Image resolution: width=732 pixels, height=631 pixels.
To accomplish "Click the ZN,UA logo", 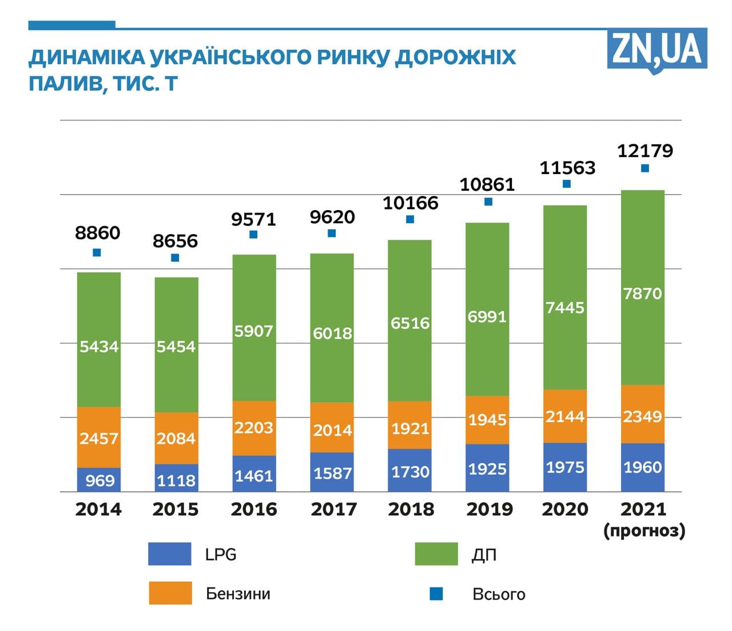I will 657,50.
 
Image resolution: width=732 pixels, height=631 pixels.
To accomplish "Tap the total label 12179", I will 645,151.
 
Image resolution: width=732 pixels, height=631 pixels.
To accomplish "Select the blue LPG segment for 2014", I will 99,480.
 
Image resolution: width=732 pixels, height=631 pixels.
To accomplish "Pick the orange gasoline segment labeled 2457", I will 99,438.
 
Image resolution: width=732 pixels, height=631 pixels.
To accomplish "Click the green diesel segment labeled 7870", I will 643,293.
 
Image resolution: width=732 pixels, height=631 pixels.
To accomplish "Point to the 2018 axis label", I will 411,509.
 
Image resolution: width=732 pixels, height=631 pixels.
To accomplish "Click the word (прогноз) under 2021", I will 644,531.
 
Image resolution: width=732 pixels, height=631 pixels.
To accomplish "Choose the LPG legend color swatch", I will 169,554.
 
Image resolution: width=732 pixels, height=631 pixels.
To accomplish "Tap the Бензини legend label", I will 238,594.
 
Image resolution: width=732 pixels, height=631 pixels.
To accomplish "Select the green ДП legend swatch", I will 436,554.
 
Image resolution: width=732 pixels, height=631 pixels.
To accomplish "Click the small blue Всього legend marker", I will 436,594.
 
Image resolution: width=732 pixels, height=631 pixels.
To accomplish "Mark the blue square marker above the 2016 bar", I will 253,235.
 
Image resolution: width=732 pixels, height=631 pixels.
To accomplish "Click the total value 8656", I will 175,241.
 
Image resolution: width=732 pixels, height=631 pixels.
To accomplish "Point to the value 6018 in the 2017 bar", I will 332,333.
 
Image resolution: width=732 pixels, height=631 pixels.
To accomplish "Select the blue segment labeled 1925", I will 487,469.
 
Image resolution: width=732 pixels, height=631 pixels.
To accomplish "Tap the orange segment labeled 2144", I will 565,416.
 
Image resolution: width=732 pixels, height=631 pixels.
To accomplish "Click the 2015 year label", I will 175,509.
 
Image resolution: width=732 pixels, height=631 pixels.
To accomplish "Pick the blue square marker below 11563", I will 567,184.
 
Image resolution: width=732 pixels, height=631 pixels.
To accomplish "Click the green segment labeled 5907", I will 253,331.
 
